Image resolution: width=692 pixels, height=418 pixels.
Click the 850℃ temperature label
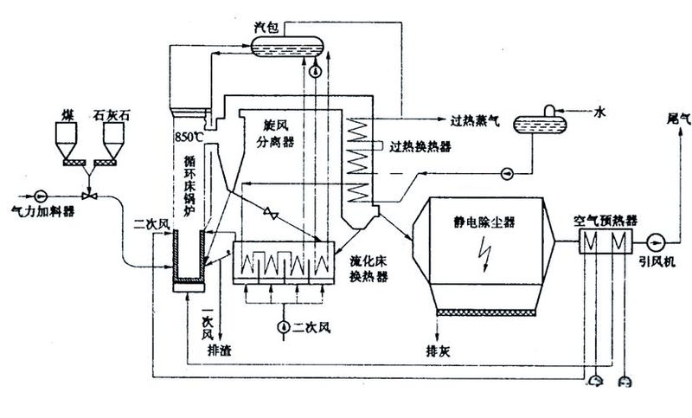(x=189, y=137)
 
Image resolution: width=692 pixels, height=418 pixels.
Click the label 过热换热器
(x=420, y=146)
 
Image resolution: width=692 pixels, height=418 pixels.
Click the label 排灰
(x=438, y=352)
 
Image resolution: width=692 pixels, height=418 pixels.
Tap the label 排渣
(x=220, y=350)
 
